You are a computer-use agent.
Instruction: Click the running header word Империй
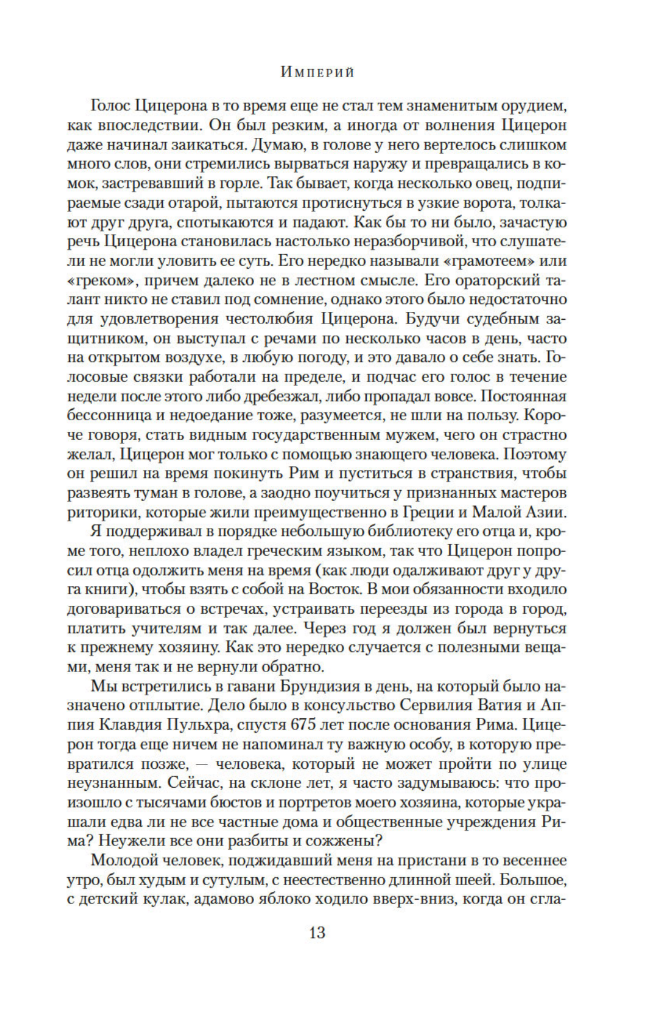(318, 72)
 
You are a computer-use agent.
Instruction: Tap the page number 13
(317, 933)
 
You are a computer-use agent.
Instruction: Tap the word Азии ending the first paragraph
(545, 512)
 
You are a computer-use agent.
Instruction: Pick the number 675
(312, 725)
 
